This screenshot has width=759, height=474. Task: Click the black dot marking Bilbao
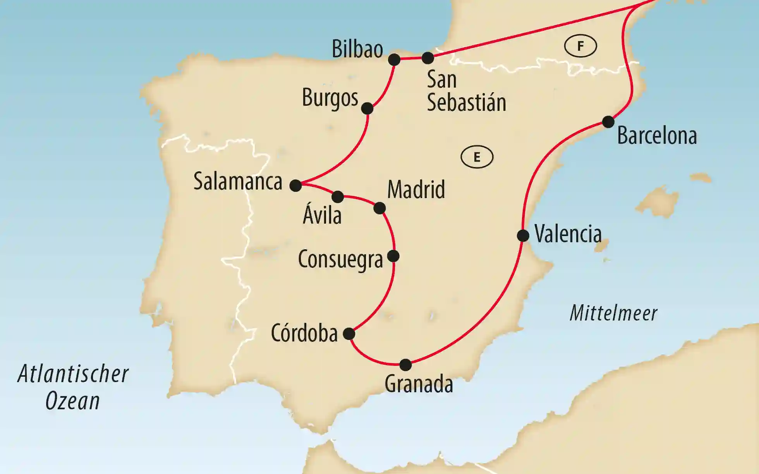[x=394, y=60]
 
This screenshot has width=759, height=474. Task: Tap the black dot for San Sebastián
[x=428, y=58]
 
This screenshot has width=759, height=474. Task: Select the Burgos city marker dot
[x=367, y=108]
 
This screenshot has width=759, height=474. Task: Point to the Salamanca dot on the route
[x=295, y=185]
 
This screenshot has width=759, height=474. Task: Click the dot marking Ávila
[x=338, y=196]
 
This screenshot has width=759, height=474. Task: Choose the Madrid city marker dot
[x=379, y=208]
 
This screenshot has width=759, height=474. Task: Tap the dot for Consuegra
[x=393, y=256]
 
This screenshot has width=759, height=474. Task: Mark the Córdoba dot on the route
[x=349, y=333]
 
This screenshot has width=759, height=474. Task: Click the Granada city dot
[x=405, y=364]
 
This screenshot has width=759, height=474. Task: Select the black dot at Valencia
[x=523, y=235]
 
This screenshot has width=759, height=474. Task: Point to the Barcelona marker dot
[x=608, y=122]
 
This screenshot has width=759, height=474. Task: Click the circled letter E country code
[x=477, y=157]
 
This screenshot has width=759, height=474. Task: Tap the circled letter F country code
[x=580, y=46]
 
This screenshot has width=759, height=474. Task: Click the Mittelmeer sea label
[x=613, y=313]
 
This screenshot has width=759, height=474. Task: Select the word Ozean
[x=73, y=401]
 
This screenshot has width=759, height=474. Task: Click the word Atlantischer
[x=73, y=374]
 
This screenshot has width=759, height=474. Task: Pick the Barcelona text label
[x=657, y=136]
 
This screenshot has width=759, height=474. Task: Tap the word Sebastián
[x=466, y=102]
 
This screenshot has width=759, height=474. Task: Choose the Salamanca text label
[x=238, y=181]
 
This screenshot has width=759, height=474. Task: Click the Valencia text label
[x=568, y=234]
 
